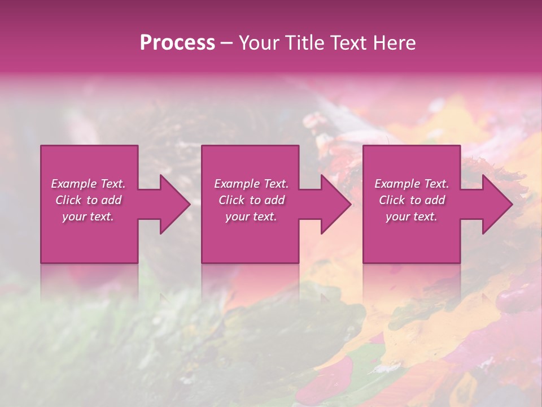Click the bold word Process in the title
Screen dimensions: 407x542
point(177,43)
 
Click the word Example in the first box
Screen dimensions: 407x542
point(73,184)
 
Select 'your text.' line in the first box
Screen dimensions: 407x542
point(88,217)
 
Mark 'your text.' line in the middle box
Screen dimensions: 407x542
point(251,217)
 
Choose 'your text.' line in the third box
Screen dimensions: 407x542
point(411,217)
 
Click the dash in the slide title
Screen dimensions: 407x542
point(226,43)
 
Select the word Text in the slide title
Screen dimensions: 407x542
point(347,43)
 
